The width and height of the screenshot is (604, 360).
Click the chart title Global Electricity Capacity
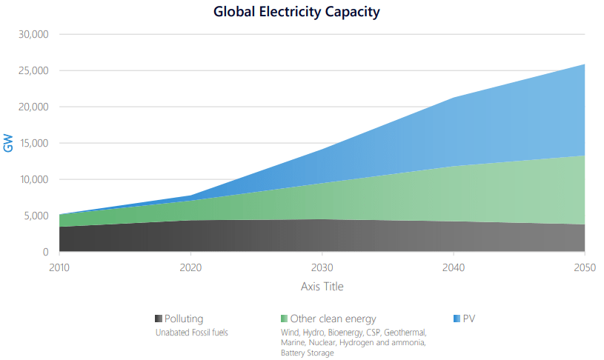(x=296, y=12)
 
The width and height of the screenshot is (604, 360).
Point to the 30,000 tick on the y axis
(x=33, y=35)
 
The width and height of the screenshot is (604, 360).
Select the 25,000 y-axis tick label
(x=33, y=71)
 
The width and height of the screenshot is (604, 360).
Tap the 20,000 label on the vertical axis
(x=33, y=107)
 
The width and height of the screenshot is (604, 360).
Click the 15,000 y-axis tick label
(x=33, y=144)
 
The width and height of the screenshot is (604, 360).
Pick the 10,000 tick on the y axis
(x=33, y=180)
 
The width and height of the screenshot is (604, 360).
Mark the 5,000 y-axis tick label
(x=35, y=216)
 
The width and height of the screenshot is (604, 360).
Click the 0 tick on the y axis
(x=45, y=253)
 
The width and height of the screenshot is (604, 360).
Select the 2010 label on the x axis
(x=59, y=267)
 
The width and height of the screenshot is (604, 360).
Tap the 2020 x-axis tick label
(x=190, y=267)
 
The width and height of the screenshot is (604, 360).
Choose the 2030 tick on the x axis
(x=322, y=267)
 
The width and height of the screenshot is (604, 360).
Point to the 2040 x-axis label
(x=454, y=267)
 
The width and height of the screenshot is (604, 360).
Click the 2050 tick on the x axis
(x=585, y=267)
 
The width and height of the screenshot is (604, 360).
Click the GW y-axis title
(x=9, y=144)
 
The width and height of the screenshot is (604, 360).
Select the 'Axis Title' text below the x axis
(x=322, y=286)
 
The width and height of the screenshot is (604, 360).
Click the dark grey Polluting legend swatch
(x=159, y=319)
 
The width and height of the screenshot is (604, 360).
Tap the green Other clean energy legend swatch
(x=285, y=319)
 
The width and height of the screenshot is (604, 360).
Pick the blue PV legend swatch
(x=457, y=319)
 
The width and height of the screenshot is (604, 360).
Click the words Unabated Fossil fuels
(x=191, y=333)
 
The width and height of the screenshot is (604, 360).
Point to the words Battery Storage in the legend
(x=307, y=353)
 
